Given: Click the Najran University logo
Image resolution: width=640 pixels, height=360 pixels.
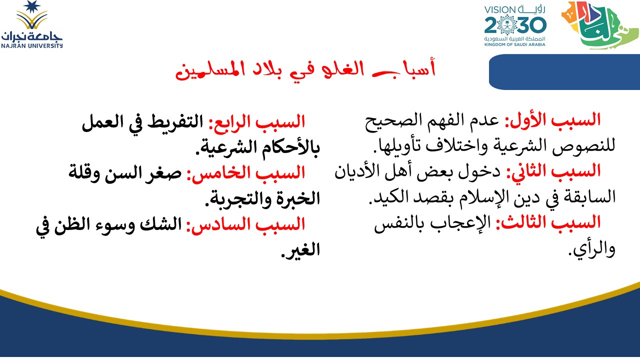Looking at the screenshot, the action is click(31, 24).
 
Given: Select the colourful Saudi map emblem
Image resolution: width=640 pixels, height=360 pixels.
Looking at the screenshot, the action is click(599, 25).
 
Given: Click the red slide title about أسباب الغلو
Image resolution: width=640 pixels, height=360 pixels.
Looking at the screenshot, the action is click(305, 69).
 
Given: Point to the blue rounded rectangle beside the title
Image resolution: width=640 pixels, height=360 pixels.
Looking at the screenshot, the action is click(564, 71).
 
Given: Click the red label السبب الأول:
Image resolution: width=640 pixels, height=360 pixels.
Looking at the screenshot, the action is click(552, 120).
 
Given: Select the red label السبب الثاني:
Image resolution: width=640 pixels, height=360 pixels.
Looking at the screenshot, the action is click(553, 171).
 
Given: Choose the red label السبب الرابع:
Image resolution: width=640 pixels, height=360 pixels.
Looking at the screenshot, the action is click(257, 122).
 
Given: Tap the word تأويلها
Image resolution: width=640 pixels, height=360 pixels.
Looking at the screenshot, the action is click(397, 145).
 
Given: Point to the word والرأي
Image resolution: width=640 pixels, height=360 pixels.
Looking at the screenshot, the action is click(591, 249).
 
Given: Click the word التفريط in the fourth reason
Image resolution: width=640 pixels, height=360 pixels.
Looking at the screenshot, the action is click(175, 122).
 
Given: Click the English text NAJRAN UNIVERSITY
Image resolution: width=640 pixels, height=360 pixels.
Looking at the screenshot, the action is click(31, 45).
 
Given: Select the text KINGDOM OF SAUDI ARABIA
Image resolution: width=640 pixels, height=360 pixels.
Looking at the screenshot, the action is click(515, 44).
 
